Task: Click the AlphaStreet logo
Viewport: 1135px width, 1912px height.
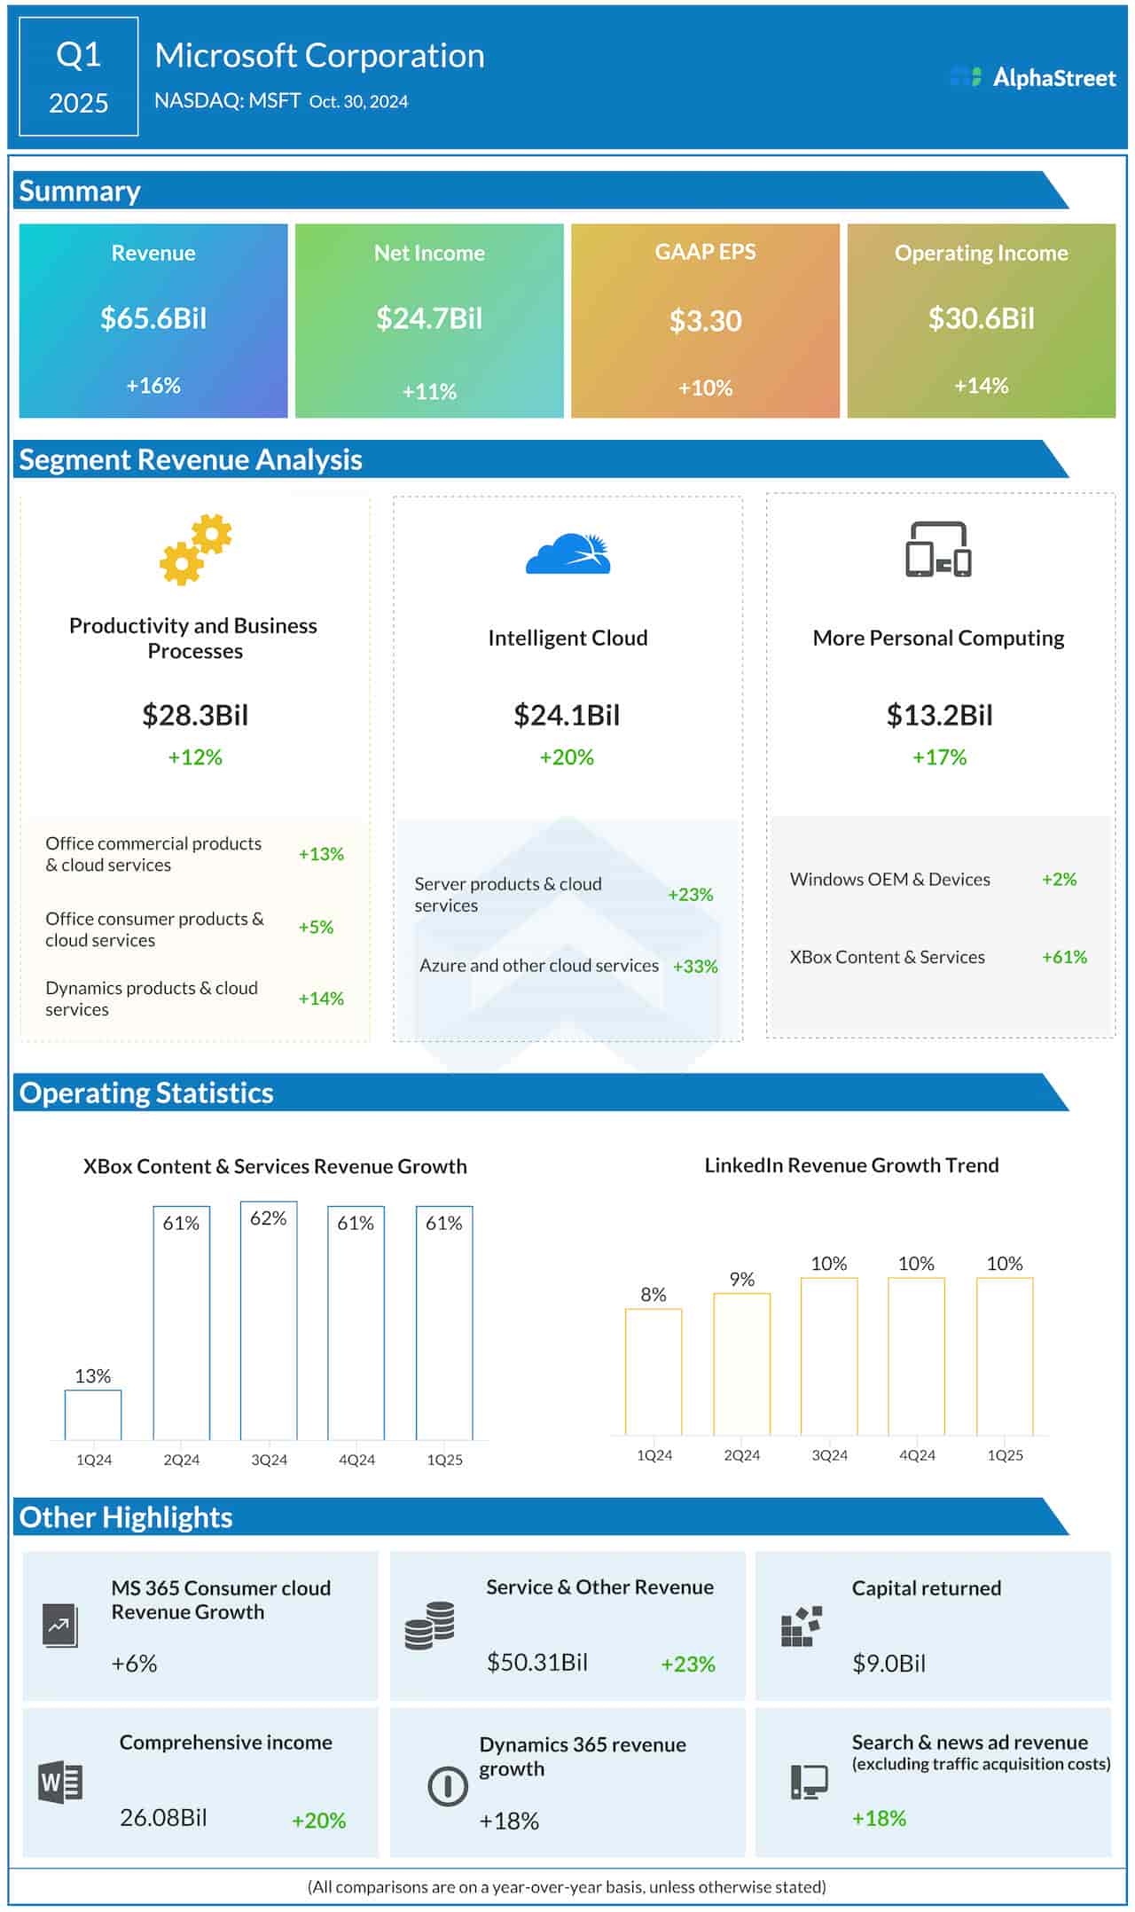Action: (1032, 78)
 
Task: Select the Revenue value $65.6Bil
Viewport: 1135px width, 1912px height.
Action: (153, 318)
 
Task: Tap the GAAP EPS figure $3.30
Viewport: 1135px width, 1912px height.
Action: (705, 321)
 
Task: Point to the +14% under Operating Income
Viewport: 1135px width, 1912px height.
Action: (981, 386)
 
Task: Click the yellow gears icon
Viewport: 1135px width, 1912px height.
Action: (195, 549)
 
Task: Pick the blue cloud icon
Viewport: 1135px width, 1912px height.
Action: (568, 554)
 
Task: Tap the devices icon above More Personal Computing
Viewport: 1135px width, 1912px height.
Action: (938, 550)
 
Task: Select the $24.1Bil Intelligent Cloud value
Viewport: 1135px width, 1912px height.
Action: (567, 715)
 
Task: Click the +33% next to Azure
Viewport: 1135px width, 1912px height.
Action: (695, 967)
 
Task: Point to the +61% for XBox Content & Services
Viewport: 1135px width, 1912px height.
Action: (1064, 957)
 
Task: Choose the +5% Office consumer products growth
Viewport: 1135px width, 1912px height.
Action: (316, 928)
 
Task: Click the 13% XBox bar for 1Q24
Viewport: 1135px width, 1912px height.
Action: (93, 1414)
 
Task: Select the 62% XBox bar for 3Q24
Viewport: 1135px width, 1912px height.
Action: (269, 1320)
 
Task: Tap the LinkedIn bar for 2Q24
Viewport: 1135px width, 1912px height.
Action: (741, 1363)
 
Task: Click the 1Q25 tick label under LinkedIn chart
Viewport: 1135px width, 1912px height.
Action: (1005, 1455)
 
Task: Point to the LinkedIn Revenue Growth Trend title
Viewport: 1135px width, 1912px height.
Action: (851, 1165)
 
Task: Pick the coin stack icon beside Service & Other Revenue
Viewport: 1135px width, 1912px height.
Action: (429, 1626)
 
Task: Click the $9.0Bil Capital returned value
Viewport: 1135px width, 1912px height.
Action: (888, 1663)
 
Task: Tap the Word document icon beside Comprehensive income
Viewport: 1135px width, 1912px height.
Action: (60, 1782)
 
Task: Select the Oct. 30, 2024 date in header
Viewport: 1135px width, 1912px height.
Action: (358, 102)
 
